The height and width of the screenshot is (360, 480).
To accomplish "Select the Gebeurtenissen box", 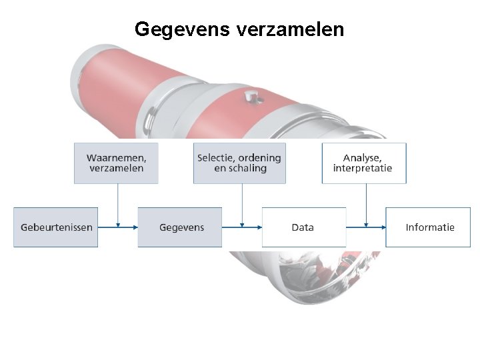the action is pos(56,227).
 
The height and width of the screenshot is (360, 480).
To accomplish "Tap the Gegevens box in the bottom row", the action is pos(180,227).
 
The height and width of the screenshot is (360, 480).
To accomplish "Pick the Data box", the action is pos(303,227).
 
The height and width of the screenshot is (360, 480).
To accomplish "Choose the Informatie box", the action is pos(429,227).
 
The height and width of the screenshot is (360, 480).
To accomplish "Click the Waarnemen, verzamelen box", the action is pos(116,163).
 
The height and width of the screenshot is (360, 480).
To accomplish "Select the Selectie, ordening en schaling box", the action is pos(239,163).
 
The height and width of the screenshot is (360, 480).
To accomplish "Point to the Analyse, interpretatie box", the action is pos(363,163).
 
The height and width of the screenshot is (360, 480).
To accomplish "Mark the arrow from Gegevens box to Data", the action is pos(241,227).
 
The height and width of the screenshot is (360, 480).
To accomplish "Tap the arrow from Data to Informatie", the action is pos(365,227).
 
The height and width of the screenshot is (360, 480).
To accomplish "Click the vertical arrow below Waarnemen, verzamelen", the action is pos(118,203).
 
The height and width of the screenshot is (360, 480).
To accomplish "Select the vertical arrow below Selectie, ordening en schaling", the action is pos(242,203).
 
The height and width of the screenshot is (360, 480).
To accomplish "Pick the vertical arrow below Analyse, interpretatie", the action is pos(366,203).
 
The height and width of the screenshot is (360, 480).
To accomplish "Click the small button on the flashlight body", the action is pos(251,97).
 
